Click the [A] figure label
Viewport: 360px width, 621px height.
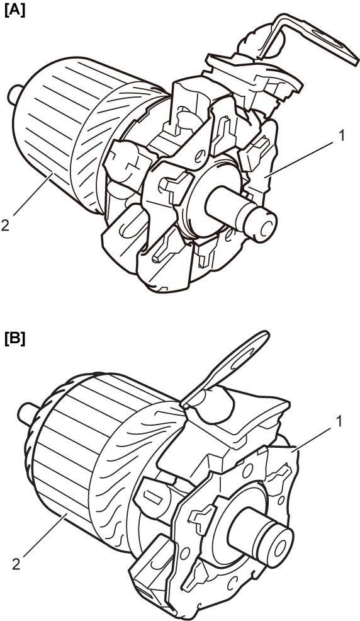tap(14, 9)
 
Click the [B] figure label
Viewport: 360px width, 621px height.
tap(14, 339)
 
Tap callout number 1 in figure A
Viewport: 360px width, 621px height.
tap(341, 136)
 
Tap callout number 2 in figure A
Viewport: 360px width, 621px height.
tap(6, 225)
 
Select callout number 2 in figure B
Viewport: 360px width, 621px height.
tap(16, 564)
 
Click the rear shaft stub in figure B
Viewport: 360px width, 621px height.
tap(26, 413)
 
